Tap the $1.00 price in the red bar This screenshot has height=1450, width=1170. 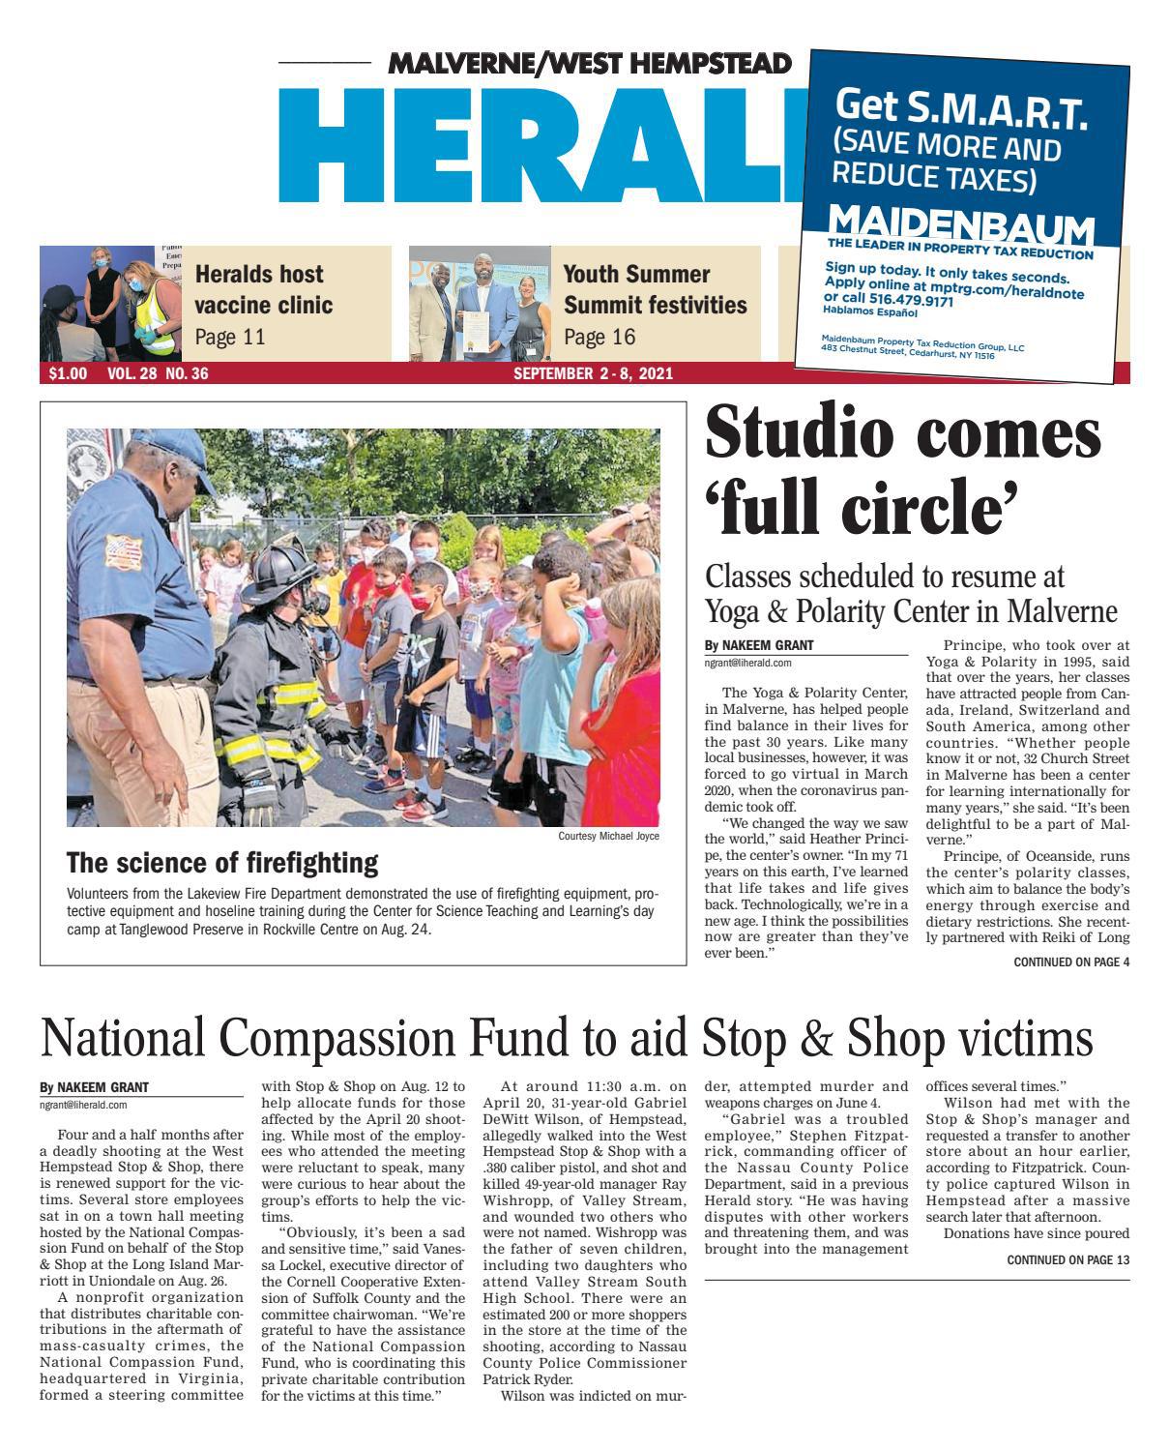(67, 374)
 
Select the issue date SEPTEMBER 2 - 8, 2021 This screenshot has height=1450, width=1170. (593, 374)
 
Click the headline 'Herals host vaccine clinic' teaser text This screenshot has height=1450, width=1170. (263, 289)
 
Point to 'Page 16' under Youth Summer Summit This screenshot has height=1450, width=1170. (599, 337)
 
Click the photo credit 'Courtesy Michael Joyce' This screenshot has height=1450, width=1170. (608, 836)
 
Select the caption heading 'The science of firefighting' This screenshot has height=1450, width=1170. (221, 863)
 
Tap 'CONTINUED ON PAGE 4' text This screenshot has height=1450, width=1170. (1070, 962)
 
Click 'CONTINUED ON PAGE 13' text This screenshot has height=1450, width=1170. (1068, 1260)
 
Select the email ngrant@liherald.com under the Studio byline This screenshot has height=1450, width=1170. (748, 664)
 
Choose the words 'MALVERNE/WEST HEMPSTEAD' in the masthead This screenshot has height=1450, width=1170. (589, 65)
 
